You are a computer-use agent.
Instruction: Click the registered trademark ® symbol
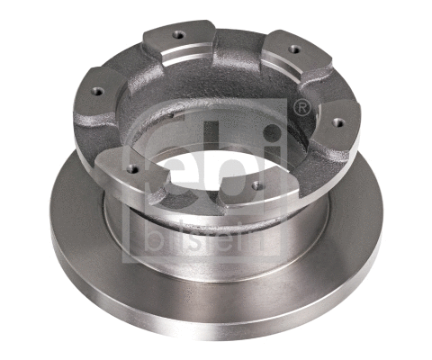[302, 109]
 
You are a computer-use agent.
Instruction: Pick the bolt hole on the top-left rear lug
[175, 37]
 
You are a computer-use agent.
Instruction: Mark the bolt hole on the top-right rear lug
[292, 48]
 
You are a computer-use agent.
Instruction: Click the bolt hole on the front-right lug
[256, 186]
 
